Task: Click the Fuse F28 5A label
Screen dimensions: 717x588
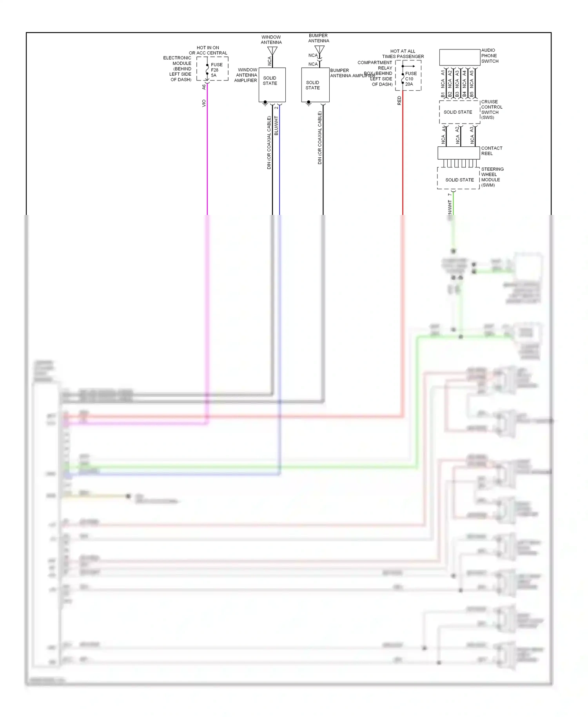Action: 216,70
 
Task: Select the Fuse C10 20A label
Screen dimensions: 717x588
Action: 410,78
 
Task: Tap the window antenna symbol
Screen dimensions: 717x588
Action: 272,51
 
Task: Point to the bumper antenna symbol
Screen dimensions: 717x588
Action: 319,50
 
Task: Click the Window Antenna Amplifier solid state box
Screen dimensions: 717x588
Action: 272,84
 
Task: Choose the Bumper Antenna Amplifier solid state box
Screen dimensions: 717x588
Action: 315,85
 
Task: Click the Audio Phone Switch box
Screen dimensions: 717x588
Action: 459,57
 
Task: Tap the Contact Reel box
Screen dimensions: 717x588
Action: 458,153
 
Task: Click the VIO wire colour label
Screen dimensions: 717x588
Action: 203,103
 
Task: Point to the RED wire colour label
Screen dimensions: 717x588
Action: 399,100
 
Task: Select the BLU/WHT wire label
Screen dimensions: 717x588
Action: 276,126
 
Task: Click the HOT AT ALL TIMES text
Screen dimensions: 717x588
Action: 403,51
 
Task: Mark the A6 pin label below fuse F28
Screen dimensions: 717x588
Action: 203,87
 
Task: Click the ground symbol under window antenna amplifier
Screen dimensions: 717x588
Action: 265,104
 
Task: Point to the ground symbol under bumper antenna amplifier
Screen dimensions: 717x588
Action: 309,104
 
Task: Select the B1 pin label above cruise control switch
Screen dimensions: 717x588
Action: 443,95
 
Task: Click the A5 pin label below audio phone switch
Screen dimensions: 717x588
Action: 472,73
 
